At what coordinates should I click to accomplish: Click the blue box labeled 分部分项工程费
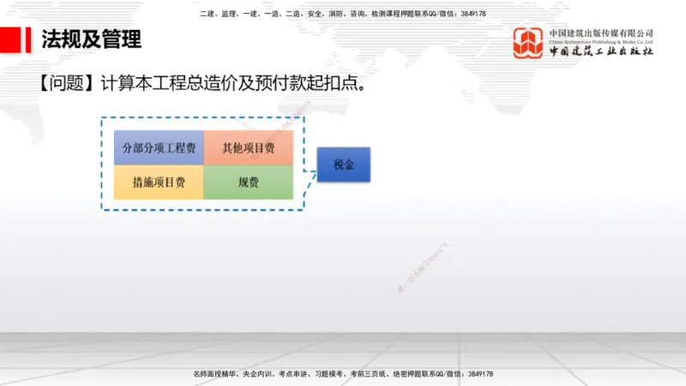pyautogui.click(x=159, y=148)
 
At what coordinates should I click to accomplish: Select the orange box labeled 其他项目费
pyautogui.click(x=249, y=148)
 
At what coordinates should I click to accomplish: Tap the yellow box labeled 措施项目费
pyautogui.click(x=159, y=182)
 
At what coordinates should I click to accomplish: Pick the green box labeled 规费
pyautogui.click(x=249, y=182)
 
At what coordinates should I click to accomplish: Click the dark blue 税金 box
pyautogui.click(x=343, y=164)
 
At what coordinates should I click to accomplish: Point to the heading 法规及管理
pyautogui.click(x=92, y=39)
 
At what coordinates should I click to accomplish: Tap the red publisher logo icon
pyautogui.click(x=527, y=43)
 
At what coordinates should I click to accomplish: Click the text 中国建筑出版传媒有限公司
pyautogui.click(x=601, y=33)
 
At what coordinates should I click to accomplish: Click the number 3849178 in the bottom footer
pyautogui.click(x=476, y=375)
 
